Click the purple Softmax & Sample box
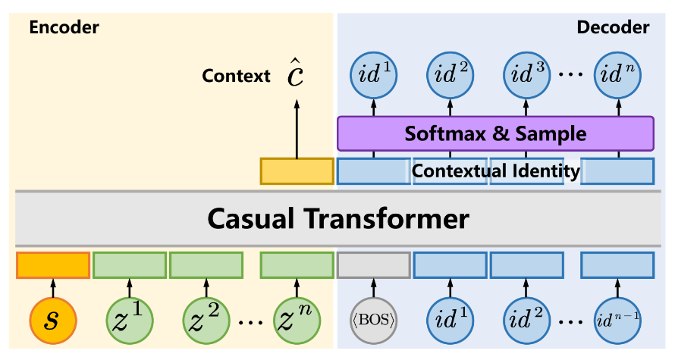click(495, 134)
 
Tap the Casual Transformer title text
click(337, 219)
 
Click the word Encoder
click(64, 28)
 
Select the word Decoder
click(612, 28)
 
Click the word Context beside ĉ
click(236, 76)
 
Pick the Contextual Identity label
click(495, 171)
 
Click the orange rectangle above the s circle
click(52, 265)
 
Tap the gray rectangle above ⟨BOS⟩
click(373, 265)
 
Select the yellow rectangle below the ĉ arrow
click(297, 171)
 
